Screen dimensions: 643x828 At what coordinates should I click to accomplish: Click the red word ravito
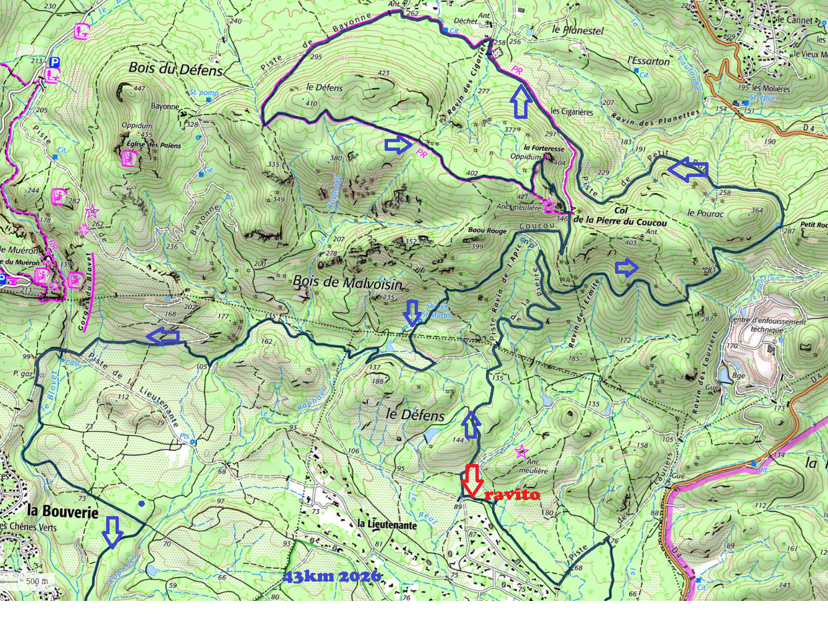511,495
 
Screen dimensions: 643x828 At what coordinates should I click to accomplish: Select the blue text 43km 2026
332,576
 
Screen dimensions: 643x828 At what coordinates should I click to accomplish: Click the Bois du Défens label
176,69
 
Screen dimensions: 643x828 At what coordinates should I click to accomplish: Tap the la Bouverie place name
63,511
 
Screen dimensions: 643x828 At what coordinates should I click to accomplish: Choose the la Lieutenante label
387,525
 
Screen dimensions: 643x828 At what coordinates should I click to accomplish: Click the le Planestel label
578,30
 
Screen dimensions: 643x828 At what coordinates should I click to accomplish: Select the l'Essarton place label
648,61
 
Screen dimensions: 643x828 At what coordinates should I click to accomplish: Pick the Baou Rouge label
487,231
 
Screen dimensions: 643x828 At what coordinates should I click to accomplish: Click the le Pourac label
705,213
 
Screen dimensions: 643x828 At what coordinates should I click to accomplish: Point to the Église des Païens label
154,145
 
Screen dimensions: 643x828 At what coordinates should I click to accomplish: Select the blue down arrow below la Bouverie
113,531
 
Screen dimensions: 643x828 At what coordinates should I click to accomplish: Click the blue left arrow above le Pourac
688,170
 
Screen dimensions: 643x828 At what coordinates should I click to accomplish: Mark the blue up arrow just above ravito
471,425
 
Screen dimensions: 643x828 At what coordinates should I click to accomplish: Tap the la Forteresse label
544,148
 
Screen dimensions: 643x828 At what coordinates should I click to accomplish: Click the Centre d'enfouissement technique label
767,325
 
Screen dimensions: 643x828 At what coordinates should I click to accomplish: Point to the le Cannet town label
795,20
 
